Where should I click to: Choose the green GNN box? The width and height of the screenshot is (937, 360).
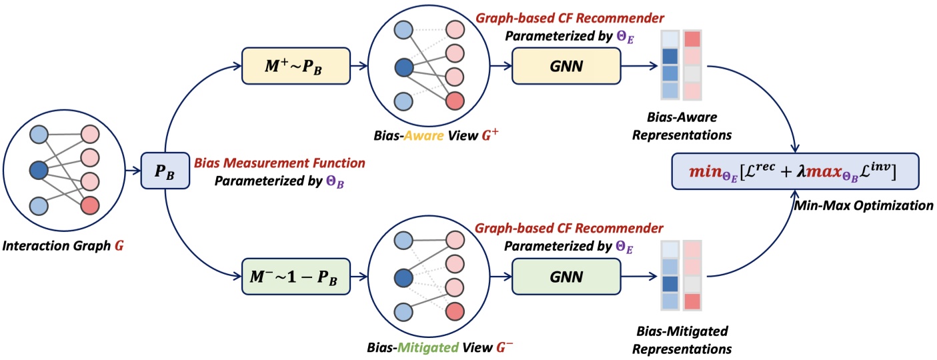click(566, 275)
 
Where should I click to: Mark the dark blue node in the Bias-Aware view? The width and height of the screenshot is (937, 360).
click(403, 67)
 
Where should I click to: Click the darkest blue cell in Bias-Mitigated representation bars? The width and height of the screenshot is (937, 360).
click(669, 285)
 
